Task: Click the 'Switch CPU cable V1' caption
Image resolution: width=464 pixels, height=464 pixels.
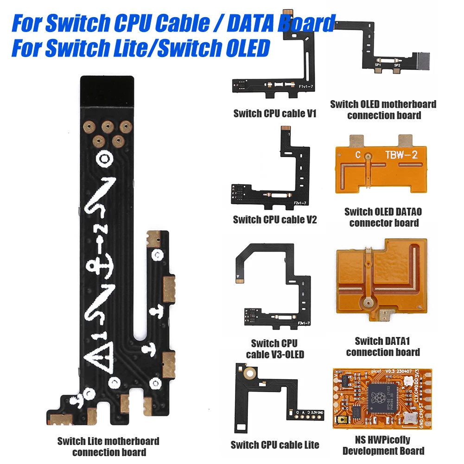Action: click(x=274, y=113)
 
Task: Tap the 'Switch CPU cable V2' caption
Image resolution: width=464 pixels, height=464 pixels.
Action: click(x=274, y=219)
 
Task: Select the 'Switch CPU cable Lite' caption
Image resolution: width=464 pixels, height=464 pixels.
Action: click(x=275, y=445)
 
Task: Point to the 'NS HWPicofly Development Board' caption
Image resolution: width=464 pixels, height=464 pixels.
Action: click(x=383, y=445)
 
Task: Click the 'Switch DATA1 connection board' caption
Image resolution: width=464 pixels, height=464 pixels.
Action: click(x=383, y=347)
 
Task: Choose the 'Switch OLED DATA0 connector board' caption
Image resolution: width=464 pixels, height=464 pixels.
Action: click(x=383, y=217)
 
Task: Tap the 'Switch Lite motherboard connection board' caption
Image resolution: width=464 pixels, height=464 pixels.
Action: click(x=108, y=446)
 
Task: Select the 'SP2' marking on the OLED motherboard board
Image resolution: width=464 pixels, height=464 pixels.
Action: click(x=397, y=65)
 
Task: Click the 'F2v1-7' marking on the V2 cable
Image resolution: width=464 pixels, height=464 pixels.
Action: click(x=300, y=202)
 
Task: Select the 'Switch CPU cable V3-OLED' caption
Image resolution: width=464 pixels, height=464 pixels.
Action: click(x=274, y=349)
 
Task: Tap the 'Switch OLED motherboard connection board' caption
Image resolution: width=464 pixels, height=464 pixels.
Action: click(x=383, y=109)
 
